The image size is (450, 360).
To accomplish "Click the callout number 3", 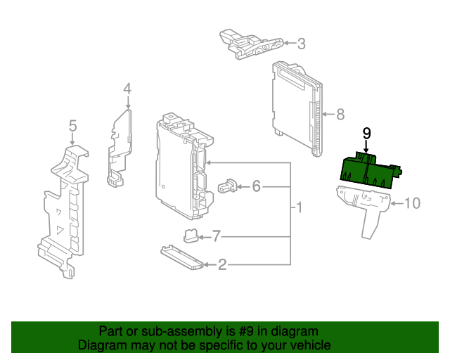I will pos(301,44).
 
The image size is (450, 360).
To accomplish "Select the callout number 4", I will pos(127,89).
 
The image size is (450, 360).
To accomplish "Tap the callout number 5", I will pos(72,126).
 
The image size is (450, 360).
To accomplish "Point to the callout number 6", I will pos(256,186).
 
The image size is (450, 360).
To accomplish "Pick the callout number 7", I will pos(216,235).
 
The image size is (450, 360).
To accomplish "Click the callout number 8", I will pos(340,113).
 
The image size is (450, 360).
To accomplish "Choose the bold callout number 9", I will pos(366,132).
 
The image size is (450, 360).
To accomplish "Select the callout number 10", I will pos(411,204).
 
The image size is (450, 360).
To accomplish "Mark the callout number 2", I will pos(222,265).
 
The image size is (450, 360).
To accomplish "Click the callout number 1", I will pos(299,208).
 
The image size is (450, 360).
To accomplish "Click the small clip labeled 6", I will pos(227,186).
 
